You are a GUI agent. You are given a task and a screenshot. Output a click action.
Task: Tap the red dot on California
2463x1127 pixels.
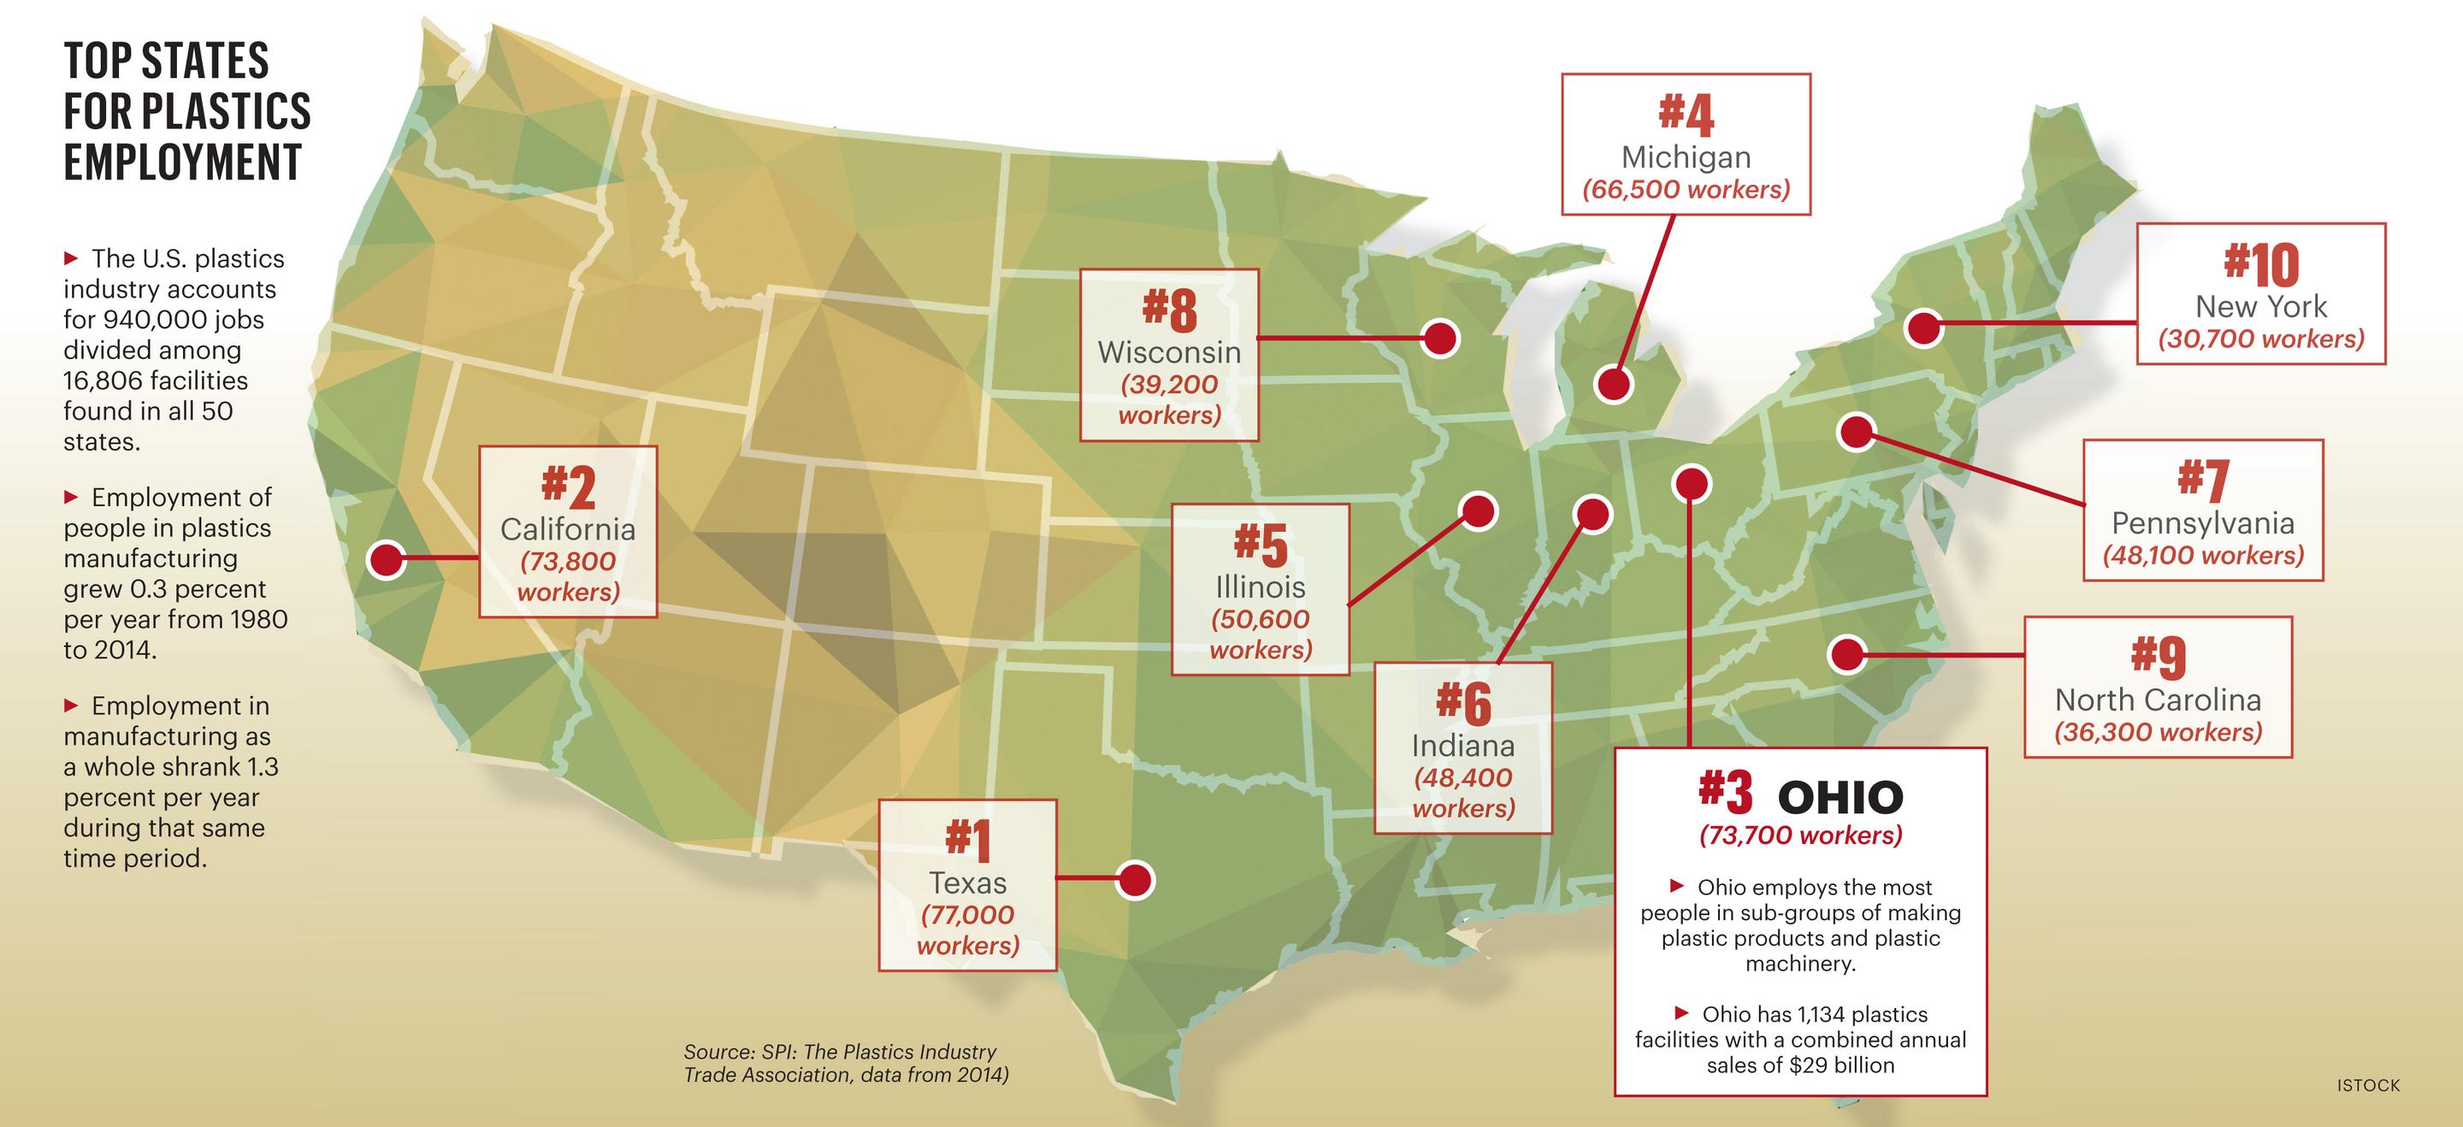pyautogui.click(x=387, y=560)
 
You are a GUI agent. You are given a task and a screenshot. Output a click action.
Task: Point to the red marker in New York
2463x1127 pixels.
pyautogui.click(x=1923, y=327)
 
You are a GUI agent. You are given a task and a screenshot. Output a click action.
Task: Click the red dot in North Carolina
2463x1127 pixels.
pyautogui.click(x=1847, y=655)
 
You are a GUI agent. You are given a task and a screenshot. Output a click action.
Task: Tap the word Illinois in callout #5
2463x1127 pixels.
pyautogui.click(x=1261, y=586)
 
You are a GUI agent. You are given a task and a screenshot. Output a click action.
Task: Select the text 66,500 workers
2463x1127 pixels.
pyautogui.click(x=1686, y=189)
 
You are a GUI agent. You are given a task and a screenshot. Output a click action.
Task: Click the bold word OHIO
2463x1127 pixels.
pyautogui.click(x=1840, y=797)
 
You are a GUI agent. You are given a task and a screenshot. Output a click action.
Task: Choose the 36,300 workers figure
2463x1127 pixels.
pyautogui.click(x=2158, y=732)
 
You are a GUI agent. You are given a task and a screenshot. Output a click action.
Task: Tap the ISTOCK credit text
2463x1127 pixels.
pyautogui.click(x=2368, y=1085)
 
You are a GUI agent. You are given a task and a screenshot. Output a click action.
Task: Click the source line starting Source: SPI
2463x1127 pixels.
pyautogui.click(x=840, y=1053)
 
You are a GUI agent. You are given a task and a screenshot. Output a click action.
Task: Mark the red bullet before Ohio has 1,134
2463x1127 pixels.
pyautogui.click(x=1682, y=1012)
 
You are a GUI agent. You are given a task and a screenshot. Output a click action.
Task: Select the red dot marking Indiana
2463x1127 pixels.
pyautogui.click(x=1592, y=514)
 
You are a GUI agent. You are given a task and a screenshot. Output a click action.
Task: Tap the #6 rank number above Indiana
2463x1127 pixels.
pyautogui.click(x=1463, y=704)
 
